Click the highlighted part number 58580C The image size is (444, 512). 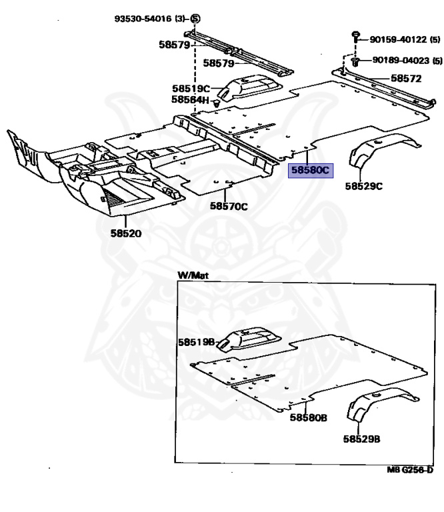309,171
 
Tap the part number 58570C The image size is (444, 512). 229,206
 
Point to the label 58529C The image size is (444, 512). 363,185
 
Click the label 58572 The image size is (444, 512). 406,78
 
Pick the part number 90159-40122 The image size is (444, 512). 400,40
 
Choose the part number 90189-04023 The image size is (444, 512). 401,60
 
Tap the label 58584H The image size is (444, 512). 190,100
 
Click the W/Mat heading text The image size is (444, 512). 191,275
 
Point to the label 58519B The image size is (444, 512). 195,342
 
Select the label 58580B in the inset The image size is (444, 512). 308,417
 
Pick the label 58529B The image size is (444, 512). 363,439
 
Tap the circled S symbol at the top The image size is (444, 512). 195,18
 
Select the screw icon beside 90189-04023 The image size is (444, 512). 356,61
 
